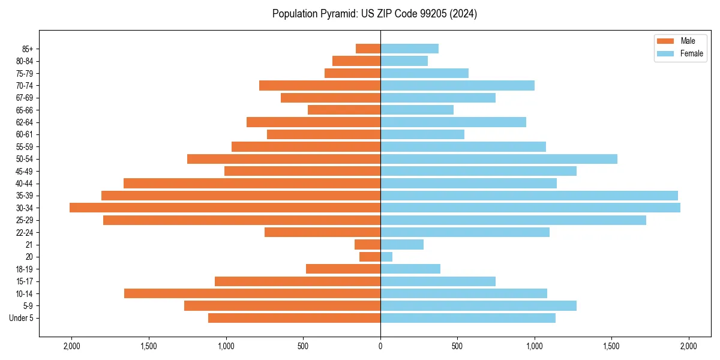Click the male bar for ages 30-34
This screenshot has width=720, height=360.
click(225, 208)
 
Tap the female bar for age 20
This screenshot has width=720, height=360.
click(386, 257)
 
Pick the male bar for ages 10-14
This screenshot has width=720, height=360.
click(252, 293)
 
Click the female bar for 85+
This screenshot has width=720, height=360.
click(409, 49)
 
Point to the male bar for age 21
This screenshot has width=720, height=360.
click(367, 245)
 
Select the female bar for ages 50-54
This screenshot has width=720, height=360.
click(499, 159)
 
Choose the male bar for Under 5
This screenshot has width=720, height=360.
click(294, 318)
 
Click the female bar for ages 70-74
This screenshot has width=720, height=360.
click(457, 85)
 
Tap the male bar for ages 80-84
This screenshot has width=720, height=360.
click(356, 61)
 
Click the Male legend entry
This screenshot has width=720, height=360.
click(688, 41)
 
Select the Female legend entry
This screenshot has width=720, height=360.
click(691, 53)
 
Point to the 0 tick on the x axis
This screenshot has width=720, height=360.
click(380, 346)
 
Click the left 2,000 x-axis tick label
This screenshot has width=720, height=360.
click(71, 346)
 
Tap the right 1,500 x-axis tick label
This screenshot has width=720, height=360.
click(611, 346)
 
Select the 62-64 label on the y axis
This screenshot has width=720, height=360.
click(25, 122)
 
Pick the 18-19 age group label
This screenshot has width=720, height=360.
click(25, 269)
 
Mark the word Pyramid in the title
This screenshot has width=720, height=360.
click(338, 14)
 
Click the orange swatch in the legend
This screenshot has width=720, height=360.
click(666, 41)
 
